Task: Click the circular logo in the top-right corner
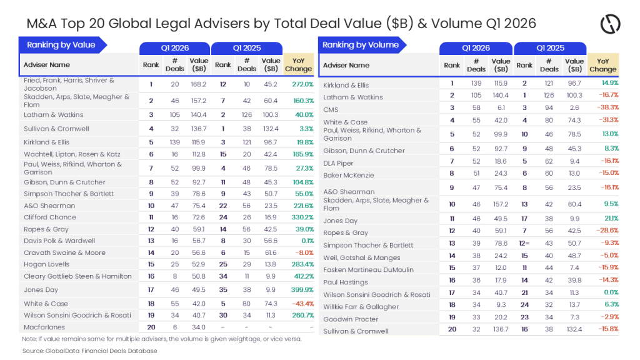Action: [610, 24]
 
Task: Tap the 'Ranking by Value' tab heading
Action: [61, 45]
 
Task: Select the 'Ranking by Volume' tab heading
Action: [361, 45]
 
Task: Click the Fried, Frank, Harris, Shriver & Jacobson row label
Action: [69, 84]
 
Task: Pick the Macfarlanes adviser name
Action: [44, 327]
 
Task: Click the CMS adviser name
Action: [331, 109]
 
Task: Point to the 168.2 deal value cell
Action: [198, 84]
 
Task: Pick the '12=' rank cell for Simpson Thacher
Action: [524, 243]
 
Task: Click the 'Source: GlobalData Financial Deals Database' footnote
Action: [91, 351]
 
